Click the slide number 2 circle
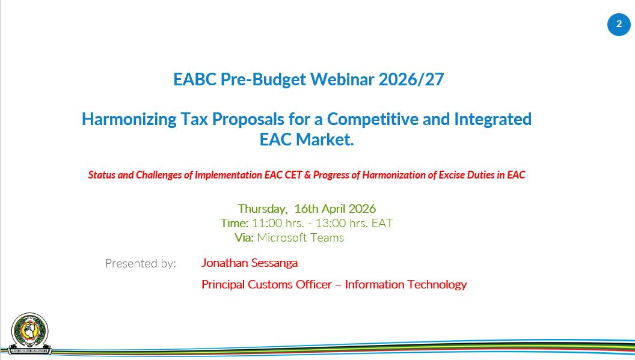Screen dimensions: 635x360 pyautogui.click(x=619, y=24)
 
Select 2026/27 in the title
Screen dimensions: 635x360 pyautogui.click(x=411, y=79)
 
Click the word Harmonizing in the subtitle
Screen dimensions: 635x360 pyautogui.click(x=129, y=120)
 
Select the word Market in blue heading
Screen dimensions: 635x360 pyautogui.click(x=325, y=139)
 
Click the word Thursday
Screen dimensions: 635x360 pyautogui.click(x=262, y=209)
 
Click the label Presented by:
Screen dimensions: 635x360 pyautogui.click(x=141, y=264)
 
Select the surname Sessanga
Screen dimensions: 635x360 pyautogui.click(x=274, y=263)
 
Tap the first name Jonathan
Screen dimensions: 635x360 pyautogui.click(x=224, y=263)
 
